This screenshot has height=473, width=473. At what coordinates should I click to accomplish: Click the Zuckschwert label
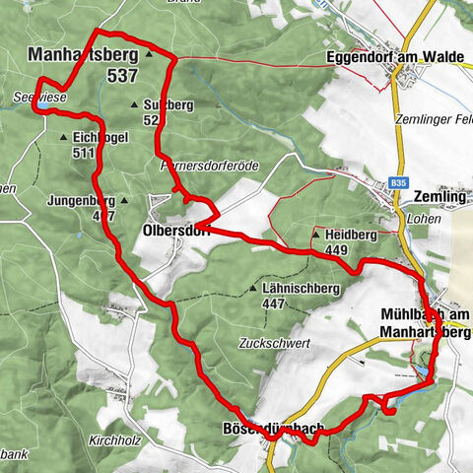click(274, 343)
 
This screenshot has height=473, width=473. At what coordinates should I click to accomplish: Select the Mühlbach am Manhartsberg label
click(426, 323)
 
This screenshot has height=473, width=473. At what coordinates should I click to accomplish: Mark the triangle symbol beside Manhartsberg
click(149, 55)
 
